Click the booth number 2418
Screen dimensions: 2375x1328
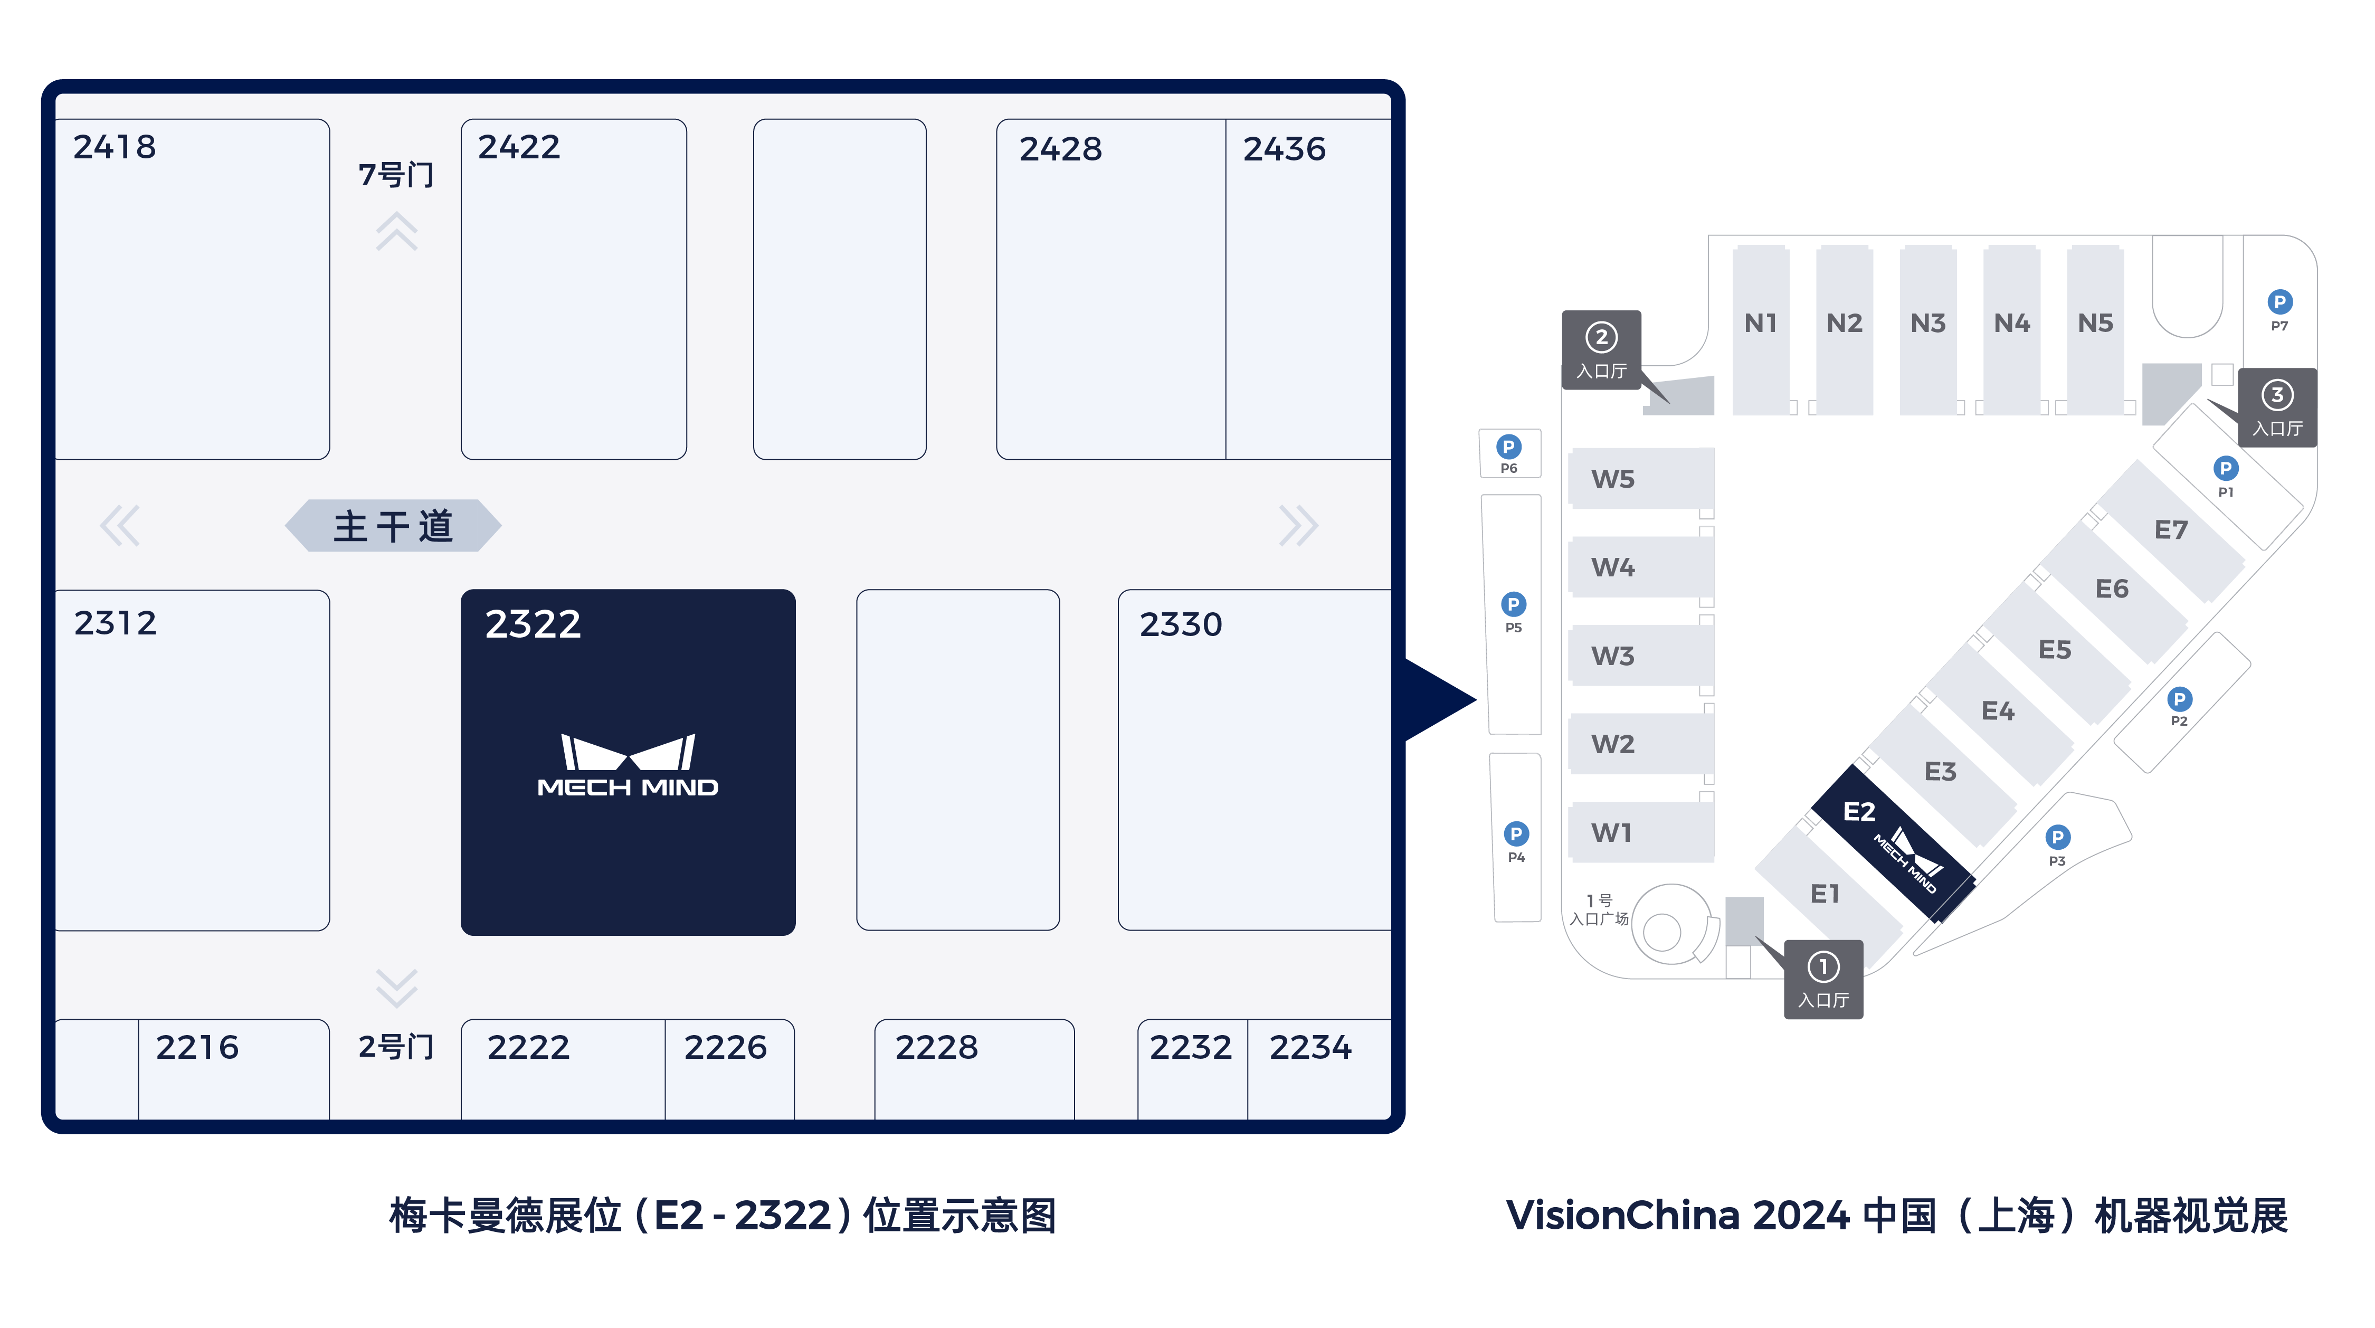115,147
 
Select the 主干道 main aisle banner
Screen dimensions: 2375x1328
394,526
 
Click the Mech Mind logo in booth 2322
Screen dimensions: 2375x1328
628,764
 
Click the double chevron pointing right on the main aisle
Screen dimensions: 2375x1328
1299,526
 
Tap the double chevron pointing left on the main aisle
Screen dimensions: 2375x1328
120,526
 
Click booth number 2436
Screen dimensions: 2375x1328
1284,148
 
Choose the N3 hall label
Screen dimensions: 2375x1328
1928,323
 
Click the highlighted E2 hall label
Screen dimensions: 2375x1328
1859,812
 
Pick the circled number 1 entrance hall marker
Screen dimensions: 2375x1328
1823,980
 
